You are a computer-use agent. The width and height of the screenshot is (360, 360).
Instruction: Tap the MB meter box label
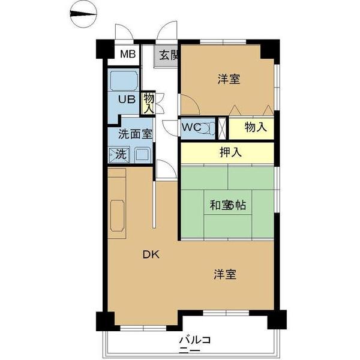coord(127,55)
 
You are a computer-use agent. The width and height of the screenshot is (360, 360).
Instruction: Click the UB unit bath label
coord(125,100)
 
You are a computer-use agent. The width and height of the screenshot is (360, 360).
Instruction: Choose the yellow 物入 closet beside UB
coord(148,103)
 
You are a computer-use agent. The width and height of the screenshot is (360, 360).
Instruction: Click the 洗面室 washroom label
coord(134,134)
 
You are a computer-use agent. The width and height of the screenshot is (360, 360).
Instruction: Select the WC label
coord(193,127)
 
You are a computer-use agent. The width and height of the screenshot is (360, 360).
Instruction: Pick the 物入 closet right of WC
coord(255,127)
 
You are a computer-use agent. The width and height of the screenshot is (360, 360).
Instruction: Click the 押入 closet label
coord(229,152)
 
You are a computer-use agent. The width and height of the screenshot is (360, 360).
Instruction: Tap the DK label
coord(151,254)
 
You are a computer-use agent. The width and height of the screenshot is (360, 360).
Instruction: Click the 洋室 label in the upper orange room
coord(229,79)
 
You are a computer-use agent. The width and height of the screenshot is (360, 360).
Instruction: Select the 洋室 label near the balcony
coord(224,275)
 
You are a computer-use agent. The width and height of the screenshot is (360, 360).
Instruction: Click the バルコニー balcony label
coord(194,345)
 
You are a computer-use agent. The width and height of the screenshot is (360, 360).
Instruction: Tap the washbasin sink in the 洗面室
coord(142,154)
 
